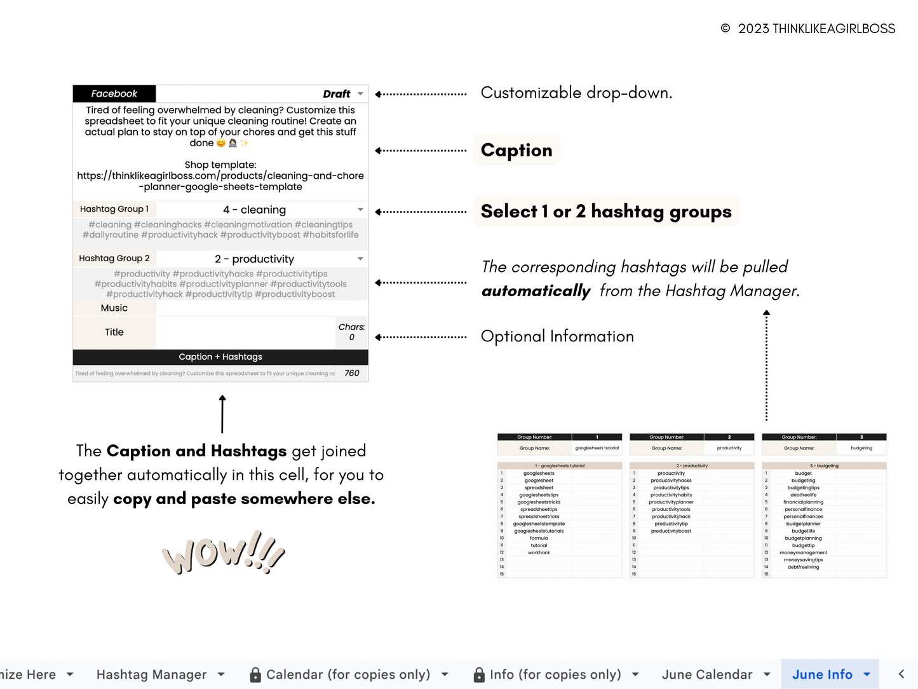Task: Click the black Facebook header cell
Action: pyautogui.click(x=114, y=93)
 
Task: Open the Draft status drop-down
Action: pyautogui.click(x=360, y=94)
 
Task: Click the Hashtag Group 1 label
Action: pyautogui.click(x=114, y=209)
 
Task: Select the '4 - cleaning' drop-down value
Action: pyautogui.click(x=254, y=210)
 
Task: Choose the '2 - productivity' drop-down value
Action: pyautogui.click(x=254, y=259)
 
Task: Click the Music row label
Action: pyautogui.click(x=114, y=308)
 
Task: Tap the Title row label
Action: pyautogui.click(x=114, y=332)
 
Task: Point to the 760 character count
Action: pyautogui.click(x=352, y=373)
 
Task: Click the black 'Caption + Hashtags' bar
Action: pyautogui.click(x=220, y=357)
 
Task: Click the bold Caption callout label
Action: pyautogui.click(x=516, y=150)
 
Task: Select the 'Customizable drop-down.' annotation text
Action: pyautogui.click(x=576, y=93)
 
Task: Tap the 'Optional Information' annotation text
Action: pyautogui.click(x=557, y=336)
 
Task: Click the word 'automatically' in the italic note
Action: pyautogui.click(x=536, y=291)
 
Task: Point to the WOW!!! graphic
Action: pyautogui.click(x=223, y=552)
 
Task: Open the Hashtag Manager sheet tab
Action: pyautogui.click(x=151, y=674)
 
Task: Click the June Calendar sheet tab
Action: pyautogui.click(x=707, y=674)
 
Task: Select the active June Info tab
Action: pyautogui.click(x=822, y=674)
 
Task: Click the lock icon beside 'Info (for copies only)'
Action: pyautogui.click(x=480, y=674)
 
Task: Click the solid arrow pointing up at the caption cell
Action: pyautogui.click(x=222, y=413)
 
